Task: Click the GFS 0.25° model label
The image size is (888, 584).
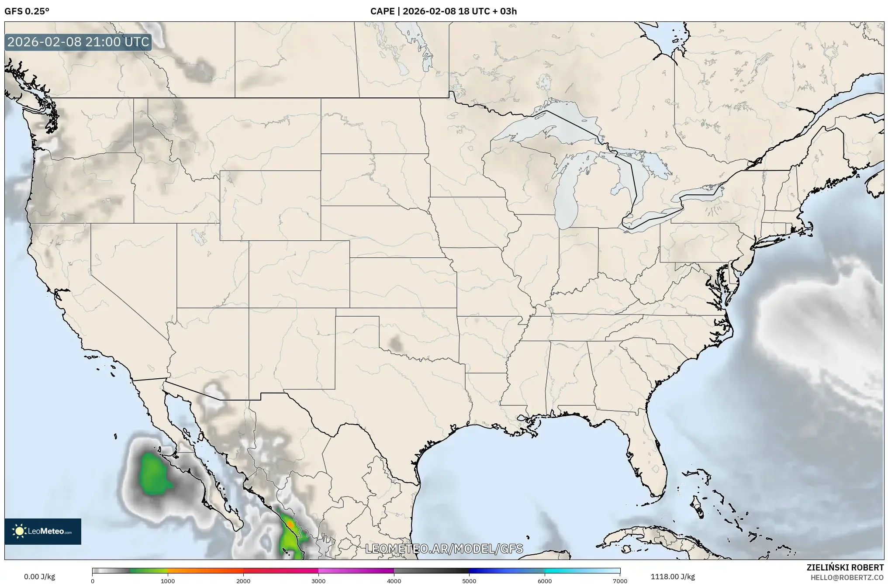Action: [27, 11]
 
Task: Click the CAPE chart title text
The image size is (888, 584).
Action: [443, 11]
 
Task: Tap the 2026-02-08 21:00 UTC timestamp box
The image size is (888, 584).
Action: [79, 42]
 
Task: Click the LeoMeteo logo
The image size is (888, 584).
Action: [43, 531]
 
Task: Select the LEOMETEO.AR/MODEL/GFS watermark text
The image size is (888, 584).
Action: [444, 549]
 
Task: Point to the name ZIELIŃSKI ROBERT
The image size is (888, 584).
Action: [845, 567]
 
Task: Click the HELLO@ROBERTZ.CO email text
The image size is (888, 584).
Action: [847, 577]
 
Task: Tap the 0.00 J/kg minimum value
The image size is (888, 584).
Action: [39, 577]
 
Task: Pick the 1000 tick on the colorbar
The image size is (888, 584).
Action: [168, 581]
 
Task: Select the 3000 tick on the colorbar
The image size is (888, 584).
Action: [318, 581]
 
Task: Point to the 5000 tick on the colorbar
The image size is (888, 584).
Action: [469, 581]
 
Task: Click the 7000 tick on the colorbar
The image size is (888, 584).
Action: [620, 581]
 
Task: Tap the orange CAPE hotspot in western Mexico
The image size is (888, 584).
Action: [290, 523]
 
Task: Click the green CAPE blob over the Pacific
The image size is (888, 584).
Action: [153, 474]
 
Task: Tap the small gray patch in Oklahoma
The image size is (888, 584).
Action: [396, 343]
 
